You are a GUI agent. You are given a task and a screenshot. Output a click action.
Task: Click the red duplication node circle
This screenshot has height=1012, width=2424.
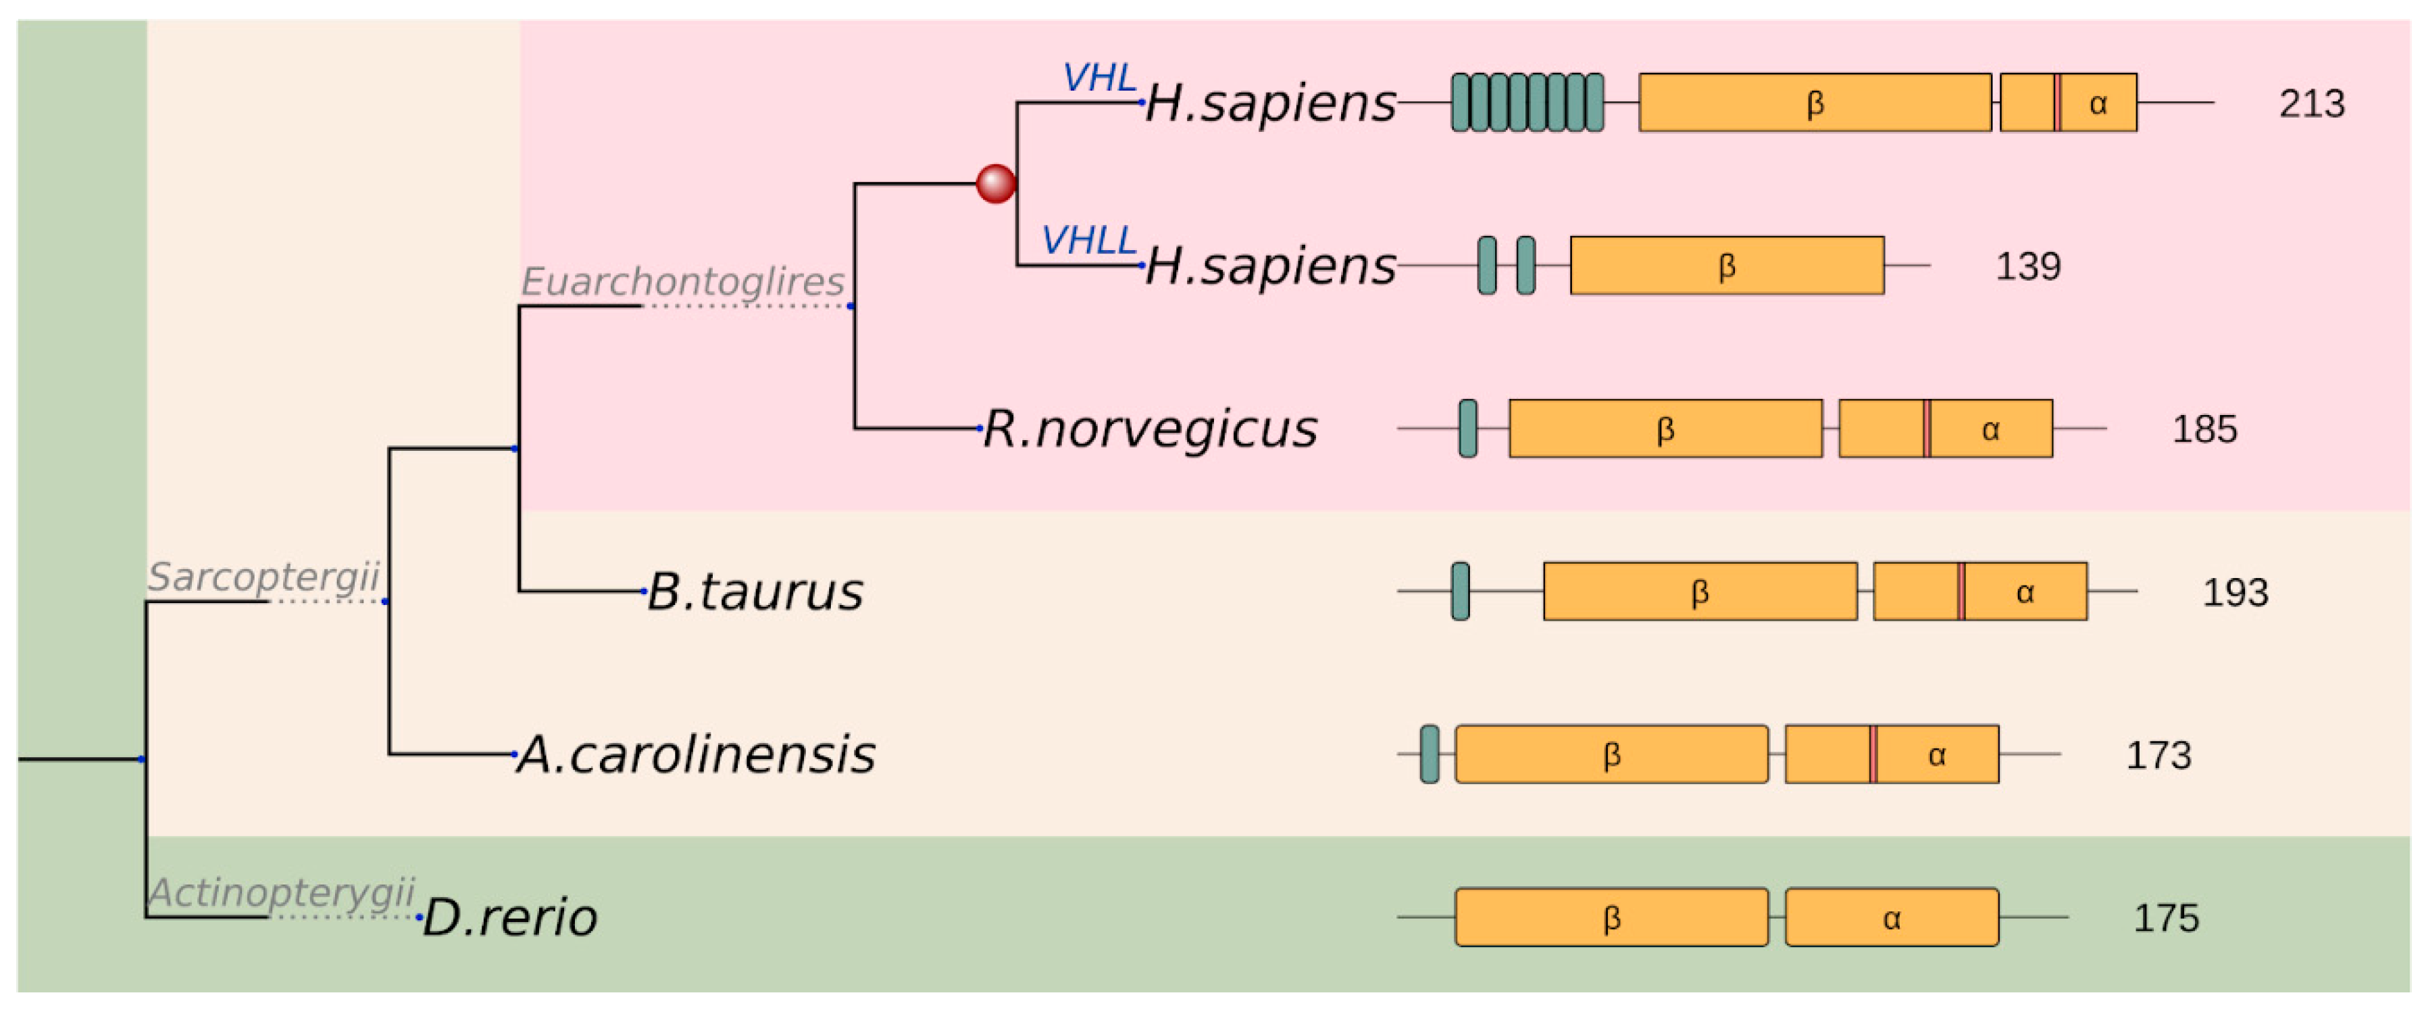tap(996, 184)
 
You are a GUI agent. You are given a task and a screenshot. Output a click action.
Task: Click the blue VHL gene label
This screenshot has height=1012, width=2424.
tap(1099, 77)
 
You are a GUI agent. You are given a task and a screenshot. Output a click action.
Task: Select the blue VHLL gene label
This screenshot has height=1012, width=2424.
tap(1089, 240)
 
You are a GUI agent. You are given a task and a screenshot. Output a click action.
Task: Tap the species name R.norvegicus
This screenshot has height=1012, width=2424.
tap(1149, 429)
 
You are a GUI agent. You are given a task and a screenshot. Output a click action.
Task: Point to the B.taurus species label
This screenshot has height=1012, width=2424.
tap(755, 592)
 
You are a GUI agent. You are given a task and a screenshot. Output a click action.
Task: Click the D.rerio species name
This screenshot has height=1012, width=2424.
tap(510, 918)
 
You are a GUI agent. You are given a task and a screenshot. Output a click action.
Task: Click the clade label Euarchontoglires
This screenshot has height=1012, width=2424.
tap(682, 281)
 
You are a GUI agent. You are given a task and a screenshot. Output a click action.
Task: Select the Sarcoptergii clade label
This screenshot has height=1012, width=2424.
tap(263, 576)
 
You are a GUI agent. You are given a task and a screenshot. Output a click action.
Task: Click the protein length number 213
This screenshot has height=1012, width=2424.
tap(2311, 103)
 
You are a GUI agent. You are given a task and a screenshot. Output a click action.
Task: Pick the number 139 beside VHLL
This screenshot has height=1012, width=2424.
tap(2028, 266)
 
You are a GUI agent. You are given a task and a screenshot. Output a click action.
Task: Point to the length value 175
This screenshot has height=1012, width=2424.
tap(2165, 918)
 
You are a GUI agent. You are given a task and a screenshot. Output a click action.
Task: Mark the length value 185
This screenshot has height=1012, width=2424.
tap(2204, 429)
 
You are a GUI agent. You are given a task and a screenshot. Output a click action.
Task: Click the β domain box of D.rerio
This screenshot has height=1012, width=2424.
tap(1611, 917)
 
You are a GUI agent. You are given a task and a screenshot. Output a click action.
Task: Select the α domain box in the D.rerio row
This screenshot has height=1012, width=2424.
tap(1892, 917)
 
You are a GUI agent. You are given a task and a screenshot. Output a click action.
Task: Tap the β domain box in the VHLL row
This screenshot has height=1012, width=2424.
tap(1727, 266)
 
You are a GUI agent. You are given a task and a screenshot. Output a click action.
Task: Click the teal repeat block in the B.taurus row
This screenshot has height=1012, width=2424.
tap(1461, 592)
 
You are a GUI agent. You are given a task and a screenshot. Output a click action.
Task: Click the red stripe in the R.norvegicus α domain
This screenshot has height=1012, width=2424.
tap(1927, 429)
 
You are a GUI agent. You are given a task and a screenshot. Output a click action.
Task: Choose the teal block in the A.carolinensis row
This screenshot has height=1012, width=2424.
tap(1430, 754)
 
